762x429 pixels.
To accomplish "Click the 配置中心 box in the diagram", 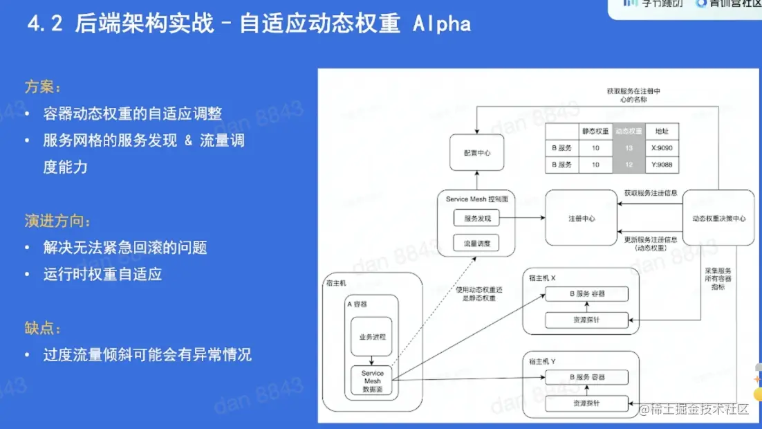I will coord(476,153).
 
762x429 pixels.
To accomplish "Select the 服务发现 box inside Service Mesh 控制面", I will coord(476,219).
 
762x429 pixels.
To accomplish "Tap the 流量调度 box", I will coord(476,244).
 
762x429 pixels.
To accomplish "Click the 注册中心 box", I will coord(582,218).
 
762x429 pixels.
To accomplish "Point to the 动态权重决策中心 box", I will coord(718,218).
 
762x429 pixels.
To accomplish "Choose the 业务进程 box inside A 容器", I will coord(371,337).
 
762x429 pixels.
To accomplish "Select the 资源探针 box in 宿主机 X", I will coord(586,320).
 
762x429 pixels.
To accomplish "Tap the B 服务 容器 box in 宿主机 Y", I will coord(586,377).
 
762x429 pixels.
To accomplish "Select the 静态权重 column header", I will coord(595,131).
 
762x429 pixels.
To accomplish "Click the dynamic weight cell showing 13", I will coord(628,147).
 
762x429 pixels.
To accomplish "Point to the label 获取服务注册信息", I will coord(651,192).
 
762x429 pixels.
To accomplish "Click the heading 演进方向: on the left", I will coord(58,221).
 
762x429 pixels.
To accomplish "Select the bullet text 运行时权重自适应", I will coord(102,274).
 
